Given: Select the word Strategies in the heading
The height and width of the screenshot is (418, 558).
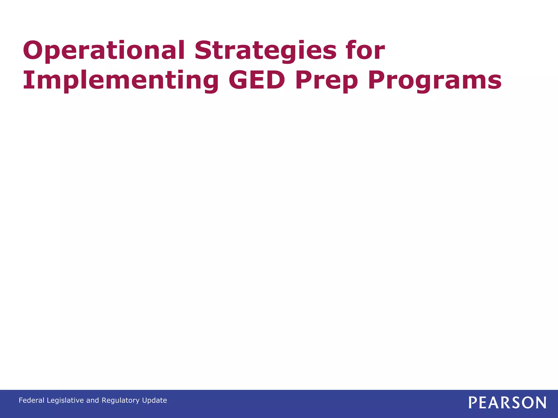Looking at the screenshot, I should [x=266, y=51].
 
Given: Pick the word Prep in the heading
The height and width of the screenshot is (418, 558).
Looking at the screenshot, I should [x=327, y=81].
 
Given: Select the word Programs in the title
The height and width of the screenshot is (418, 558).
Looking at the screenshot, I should [x=435, y=81].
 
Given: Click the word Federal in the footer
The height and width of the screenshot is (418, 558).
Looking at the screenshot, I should [x=31, y=400].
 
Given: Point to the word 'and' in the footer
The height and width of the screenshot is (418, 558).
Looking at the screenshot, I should [x=93, y=400].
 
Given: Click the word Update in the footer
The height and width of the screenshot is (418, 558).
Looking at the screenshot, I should [x=155, y=400].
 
